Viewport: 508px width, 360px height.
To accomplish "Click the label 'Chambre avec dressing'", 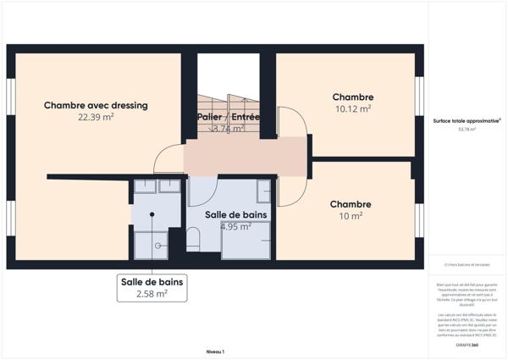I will pyautogui.click(x=96, y=105).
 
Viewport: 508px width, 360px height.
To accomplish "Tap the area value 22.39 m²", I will pyautogui.click(x=96, y=118).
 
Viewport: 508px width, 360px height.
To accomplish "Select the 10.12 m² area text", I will pyautogui.click(x=352, y=108).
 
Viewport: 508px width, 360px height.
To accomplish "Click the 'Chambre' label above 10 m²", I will pyautogui.click(x=350, y=204).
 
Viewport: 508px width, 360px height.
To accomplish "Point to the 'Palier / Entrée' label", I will pyautogui.click(x=228, y=117).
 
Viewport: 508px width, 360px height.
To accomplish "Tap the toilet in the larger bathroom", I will pyautogui.click(x=193, y=240).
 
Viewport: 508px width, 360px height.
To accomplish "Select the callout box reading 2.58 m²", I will pyautogui.click(x=152, y=287).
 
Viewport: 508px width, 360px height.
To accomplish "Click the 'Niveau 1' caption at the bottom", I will pyautogui.click(x=215, y=351).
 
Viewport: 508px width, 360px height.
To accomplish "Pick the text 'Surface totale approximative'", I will pyautogui.click(x=467, y=120).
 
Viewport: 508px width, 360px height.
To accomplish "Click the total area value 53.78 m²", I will pyautogui.click(x=467, y=130).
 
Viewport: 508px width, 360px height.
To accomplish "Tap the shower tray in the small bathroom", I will pyautogui.click(x=153, y=245).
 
